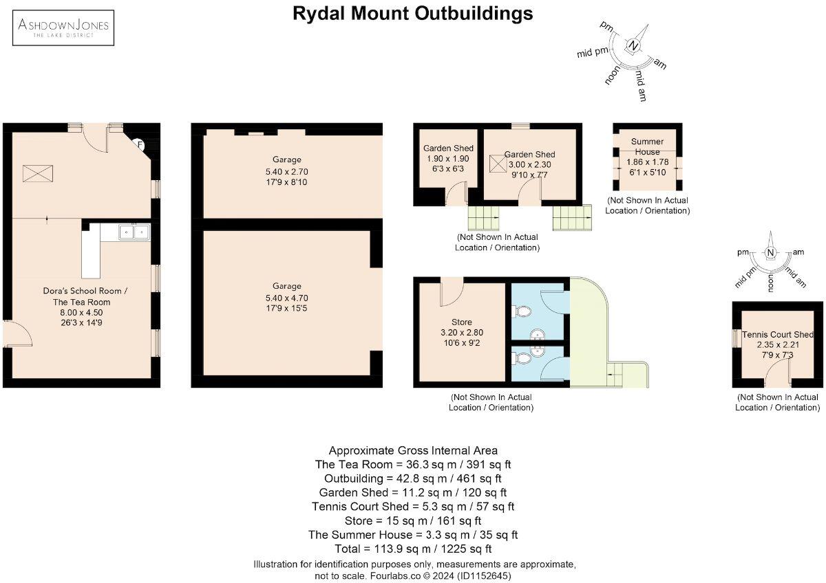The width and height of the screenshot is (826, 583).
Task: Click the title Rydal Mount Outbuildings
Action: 412,13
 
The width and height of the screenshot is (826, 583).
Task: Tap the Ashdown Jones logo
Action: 65,28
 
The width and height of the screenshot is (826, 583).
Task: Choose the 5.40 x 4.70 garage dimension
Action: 286,298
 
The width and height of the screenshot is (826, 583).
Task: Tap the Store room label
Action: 461,322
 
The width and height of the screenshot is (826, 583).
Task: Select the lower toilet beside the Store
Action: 523,358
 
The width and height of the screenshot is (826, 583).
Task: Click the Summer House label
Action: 647,146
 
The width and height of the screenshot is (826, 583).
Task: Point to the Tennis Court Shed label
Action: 778,335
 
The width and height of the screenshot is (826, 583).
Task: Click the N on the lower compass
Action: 770,254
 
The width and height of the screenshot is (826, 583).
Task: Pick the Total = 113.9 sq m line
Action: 412,549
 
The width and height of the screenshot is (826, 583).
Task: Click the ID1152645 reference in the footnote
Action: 481,575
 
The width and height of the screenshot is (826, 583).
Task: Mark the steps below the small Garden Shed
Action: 484,218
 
